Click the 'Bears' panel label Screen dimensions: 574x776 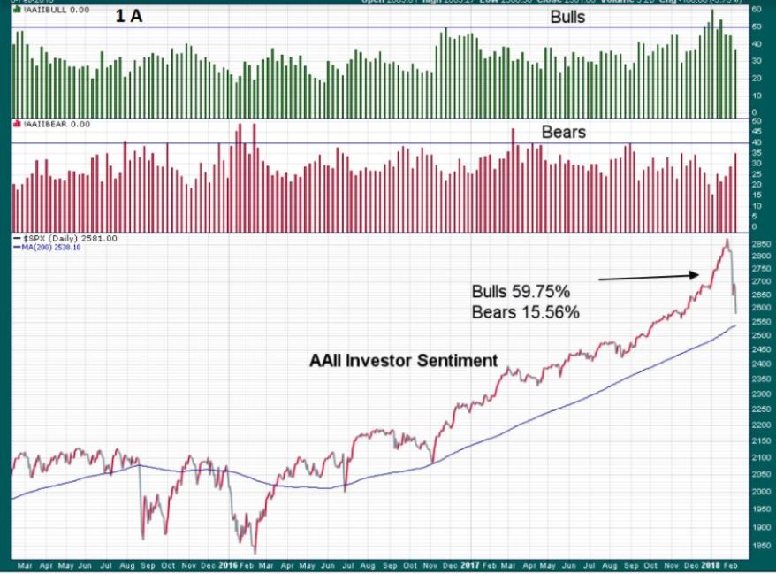point(564,133)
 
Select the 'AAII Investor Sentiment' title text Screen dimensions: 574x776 point(403,361)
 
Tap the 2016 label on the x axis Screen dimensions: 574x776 point(228,563)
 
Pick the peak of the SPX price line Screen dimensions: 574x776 point(727,240)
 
